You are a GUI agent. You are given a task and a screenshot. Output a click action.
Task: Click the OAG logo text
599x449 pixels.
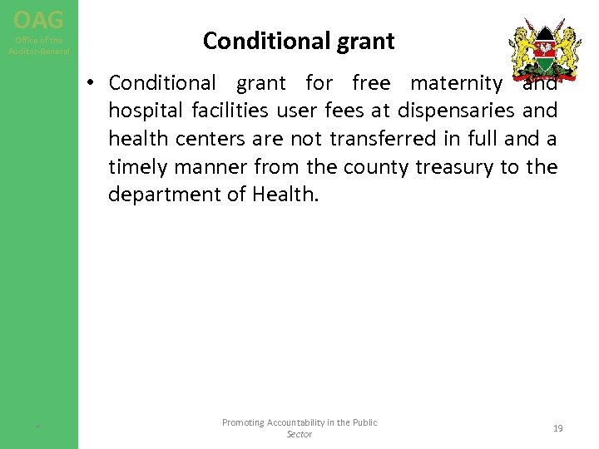[38, 17]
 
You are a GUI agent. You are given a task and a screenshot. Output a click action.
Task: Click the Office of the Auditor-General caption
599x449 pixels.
[39, 46]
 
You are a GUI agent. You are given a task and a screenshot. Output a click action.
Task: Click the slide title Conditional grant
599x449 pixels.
[299, 40]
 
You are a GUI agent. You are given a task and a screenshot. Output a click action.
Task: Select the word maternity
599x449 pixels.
[456, 83]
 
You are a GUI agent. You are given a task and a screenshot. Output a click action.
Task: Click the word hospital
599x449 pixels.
[144, 111]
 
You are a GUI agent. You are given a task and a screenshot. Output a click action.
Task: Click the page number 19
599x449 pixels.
[557, 428]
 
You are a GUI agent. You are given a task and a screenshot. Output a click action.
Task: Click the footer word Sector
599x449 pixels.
[299, 434]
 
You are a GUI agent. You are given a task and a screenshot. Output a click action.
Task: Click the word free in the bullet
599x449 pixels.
[371, 83]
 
